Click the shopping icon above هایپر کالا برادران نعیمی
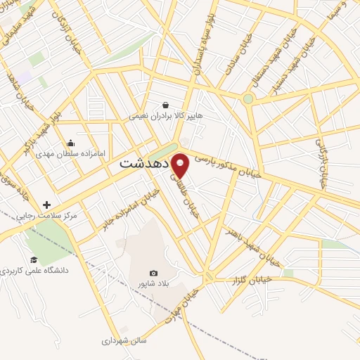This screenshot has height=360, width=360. pyautogui.click(x=165, y=105)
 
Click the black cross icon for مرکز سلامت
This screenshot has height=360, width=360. pyautogui.click(x=46, y=205)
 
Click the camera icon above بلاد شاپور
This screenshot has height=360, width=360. pyautogui.click(x=154, y=273)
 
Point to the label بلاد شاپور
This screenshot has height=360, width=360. pyautogui.click(x=154, y=283)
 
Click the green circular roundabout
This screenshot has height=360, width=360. pyautogui.click(x=247, y=99)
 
